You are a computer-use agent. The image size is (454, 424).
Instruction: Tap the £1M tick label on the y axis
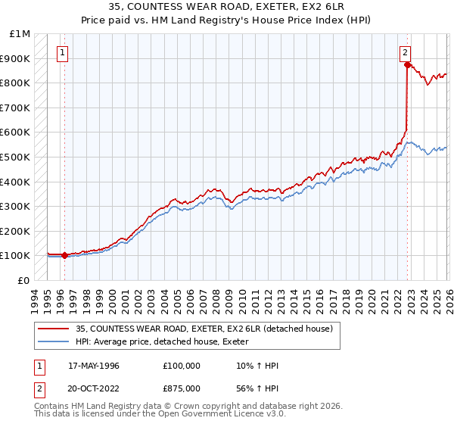[20, 34]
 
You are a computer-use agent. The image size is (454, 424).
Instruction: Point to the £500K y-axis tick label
[16, 157]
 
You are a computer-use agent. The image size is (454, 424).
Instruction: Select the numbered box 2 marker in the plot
[405, 53]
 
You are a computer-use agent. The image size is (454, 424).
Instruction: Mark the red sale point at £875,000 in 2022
[407, 65]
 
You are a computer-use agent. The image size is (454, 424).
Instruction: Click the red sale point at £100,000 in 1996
[64, 256]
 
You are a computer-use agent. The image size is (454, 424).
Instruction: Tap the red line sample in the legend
[54, 329]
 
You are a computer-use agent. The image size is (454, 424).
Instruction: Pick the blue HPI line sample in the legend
[54, 341]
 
